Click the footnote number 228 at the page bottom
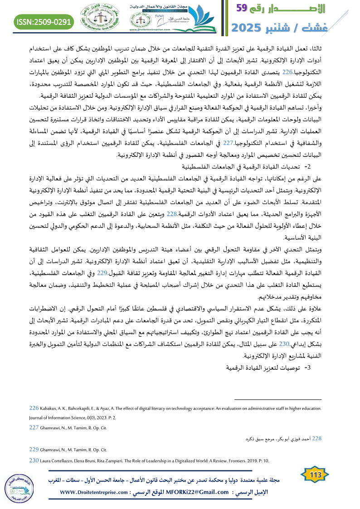point(315,438)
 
